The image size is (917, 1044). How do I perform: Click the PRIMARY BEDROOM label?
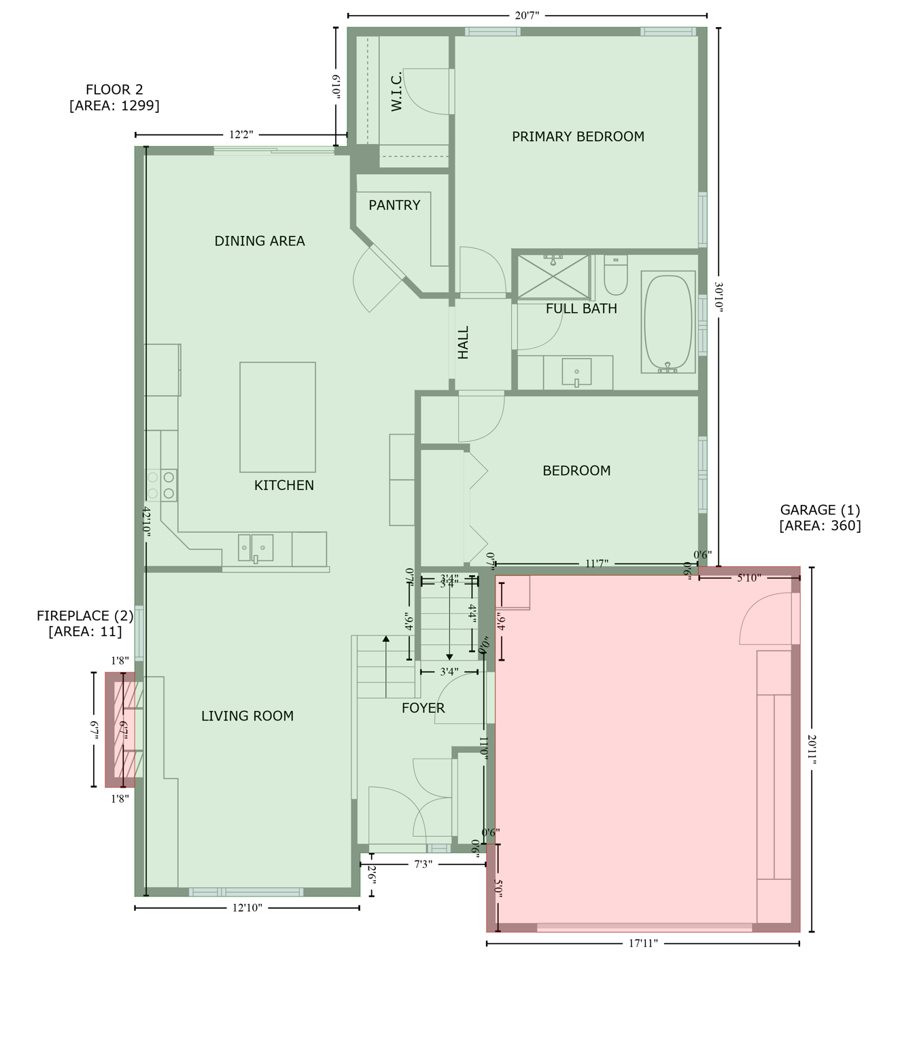pyautogui.click(x=578, y=137)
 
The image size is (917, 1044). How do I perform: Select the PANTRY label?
pyautogui.click(x=394, y=205)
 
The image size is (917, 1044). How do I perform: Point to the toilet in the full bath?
pyautogui.click(x=616, y=275)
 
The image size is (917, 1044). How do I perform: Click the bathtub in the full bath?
pyautogui.click(x=668, y=322)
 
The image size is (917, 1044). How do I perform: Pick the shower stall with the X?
pyautogui.click(x=553, y=277)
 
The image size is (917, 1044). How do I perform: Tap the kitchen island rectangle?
pyautogui.click(x=277, y=417)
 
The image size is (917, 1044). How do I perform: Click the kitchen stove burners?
pyautogui.click(x=161, y=485)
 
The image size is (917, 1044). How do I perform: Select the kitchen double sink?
pyautogui.click(x=256, y=548)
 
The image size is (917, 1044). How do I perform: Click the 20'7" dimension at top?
pyautogui.click(x=527, y=15)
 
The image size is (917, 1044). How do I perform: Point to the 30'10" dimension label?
pyautogui.click(x=719, y=297)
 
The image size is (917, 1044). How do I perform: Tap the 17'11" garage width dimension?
pyautogui.click(x=643, y=943)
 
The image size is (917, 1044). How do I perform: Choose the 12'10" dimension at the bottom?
pyautogui.click(x=247, y=907)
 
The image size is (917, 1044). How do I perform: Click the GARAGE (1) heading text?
pyautogui.click(x=820, y=510)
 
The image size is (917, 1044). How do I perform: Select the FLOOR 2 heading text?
pyautogui.click(x=114, y=90)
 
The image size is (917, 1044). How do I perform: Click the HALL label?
pyautogui.click(x=464, y=343)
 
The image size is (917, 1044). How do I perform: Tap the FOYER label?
pyautogui.click(x=423, y=708)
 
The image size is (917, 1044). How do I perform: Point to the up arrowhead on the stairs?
pyautogui.click(x=386, y=639)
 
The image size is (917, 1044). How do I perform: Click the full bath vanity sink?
pyautogui.click(x=576, y=372)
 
